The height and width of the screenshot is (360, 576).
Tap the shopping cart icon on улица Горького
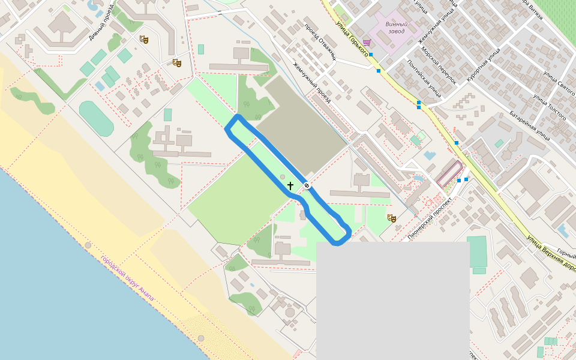[x=367, y=43]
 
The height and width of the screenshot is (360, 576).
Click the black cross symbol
[x=290, y=186]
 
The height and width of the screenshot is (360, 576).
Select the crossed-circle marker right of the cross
[x=307, y=186]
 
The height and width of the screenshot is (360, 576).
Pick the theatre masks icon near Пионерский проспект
[x=392, y=218]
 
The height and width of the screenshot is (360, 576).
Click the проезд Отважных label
[x=319, y=43]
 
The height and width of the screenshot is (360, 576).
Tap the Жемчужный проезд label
[x=312, y=83]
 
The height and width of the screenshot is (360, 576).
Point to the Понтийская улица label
[x=424, y=79]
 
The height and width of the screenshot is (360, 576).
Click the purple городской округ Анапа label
[x=127, y=278]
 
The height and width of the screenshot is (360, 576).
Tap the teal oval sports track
[x=96, y=118]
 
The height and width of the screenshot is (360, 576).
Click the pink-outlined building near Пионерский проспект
[x=449, y=173]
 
